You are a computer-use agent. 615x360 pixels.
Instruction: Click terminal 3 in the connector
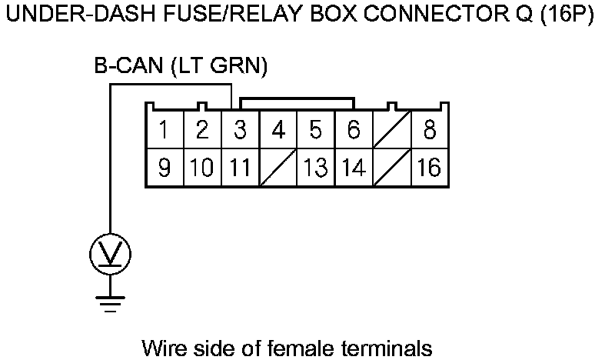(x=240, y=130)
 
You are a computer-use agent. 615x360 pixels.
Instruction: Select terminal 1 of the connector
(x=164, y=130)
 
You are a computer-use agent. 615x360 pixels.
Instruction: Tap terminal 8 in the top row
(x=430, y=130)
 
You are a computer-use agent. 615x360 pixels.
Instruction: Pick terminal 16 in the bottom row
(x=430, y=167)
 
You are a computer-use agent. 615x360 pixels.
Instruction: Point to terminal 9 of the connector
(x=164, y=167)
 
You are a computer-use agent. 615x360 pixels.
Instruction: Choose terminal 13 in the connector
(x=315, y=167)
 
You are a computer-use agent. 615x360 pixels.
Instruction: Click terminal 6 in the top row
(x=354, y=130)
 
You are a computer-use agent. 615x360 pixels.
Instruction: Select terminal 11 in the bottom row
(x=240, y=167)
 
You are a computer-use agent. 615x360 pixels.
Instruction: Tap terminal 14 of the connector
(x=354, y=167)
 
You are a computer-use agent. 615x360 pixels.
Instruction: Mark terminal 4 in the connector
(x=278, y=130)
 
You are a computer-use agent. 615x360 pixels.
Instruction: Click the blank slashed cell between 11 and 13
(x=278, y=167)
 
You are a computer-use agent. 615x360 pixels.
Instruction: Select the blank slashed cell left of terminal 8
(x=391, y=130)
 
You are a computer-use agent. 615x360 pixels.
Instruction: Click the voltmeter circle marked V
(x=111, y=252)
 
